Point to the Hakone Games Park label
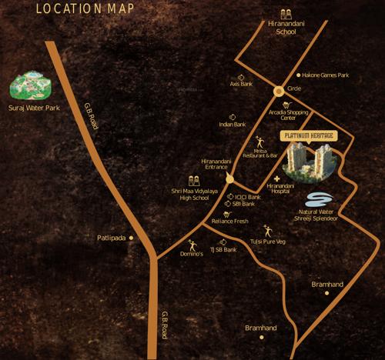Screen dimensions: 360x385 [326, 75]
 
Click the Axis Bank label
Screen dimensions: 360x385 [240, 84]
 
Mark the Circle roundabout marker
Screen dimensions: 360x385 [278, 91]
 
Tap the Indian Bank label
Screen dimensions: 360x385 [232, 124]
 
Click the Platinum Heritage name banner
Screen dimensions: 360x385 [309, 136]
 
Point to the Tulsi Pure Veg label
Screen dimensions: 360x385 [269, 242]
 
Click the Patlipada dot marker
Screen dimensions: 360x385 [132, 238]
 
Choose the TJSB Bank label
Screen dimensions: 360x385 [223, 250]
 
